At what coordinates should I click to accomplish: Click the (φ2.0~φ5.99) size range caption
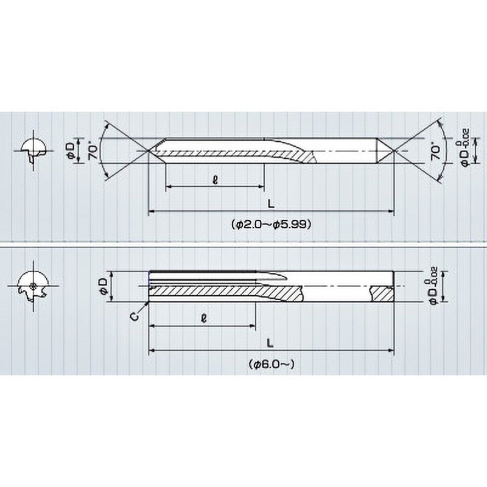272,223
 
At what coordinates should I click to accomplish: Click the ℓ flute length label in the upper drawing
214,180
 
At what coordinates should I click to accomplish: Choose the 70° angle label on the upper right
436,153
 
